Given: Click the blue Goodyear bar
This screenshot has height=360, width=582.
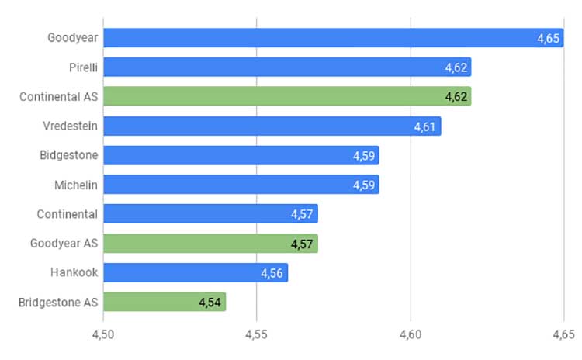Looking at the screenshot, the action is pyautogui.click(x=334, y=38).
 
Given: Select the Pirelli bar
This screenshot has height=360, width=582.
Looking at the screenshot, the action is pyautogui.click(x=287, y=67).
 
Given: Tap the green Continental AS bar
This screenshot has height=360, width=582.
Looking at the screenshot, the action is pyautogui.click(x=287, y=96).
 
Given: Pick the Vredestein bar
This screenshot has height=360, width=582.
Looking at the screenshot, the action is pyautogui.click(x=272, y=126).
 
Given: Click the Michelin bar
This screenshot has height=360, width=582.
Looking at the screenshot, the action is pyautogui.click(x=241, y=185).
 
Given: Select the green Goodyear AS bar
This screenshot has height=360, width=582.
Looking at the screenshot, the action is pyautogui.click(x=210, y=244).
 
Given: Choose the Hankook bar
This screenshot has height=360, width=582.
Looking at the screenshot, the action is pyautogui.click(x=196, y=273).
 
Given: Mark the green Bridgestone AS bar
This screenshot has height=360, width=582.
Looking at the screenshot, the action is pyautogui.click(x=165, y=302).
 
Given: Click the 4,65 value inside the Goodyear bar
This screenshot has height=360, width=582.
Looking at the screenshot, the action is pyautogui.click(x=548, y=38).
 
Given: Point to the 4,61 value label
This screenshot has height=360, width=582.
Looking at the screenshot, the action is pyautogui.click(x=424, y=127).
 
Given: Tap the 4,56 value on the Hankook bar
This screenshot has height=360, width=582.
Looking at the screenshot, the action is pyautogui.click(x=272, y=274).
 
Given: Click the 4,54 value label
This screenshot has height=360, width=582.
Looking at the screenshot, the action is pyautogui.click(x=210, y=303).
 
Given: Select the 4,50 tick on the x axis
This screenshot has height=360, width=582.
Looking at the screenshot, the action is pyautogui.click(x=102, y=334).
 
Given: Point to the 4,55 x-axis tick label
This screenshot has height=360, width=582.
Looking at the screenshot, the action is pyautogui.click(x=256, y=334).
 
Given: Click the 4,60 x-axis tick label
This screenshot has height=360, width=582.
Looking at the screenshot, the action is pyautogui.click(x=411, y=334).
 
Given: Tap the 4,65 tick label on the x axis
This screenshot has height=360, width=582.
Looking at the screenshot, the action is pyautogui.click(x=563, y=334).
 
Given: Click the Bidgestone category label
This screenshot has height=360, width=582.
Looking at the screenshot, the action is pyautogui.click(x=68, y=155).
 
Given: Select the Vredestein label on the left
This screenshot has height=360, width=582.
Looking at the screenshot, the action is pyautogui.click(x=70, y=126).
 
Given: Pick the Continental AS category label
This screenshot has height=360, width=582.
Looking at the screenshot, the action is pyautogui.click(x=59, y=96).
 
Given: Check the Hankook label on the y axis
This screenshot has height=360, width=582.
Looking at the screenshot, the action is pyautogui.click(x=74, y=272).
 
